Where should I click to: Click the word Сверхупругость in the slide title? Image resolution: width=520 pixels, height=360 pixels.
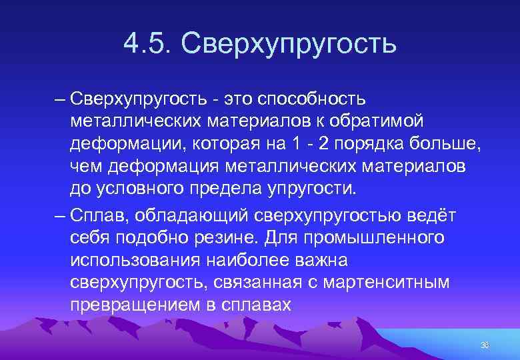tap(288, 45)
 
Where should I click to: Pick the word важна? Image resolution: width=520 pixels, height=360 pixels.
tap(318, 260)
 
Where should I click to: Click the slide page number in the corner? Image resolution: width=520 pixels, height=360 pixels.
tap(485, 345)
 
